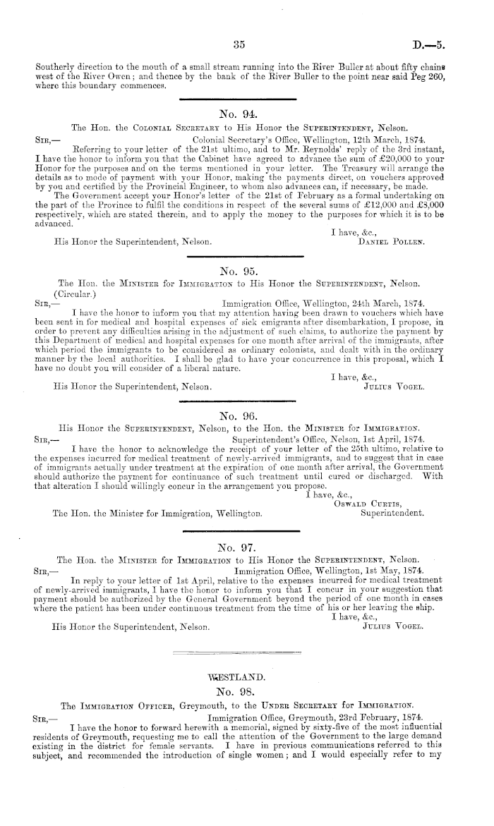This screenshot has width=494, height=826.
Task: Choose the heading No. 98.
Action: (238, 692)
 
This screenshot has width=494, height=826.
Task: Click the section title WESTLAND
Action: (238, 677)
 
